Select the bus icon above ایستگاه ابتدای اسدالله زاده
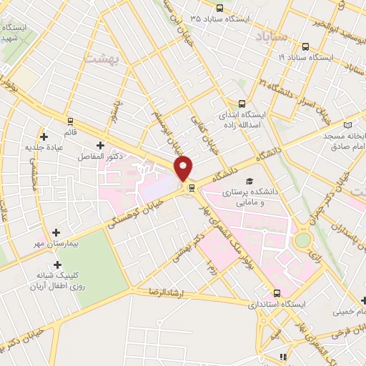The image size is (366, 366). click(242, 103)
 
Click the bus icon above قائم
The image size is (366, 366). click(70, 121)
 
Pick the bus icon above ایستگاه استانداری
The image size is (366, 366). click(277, 293)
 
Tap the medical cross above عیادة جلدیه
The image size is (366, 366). click(45, 135)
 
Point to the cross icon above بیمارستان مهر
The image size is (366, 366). click(56, 233)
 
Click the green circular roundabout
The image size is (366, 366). click(303, 239)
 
